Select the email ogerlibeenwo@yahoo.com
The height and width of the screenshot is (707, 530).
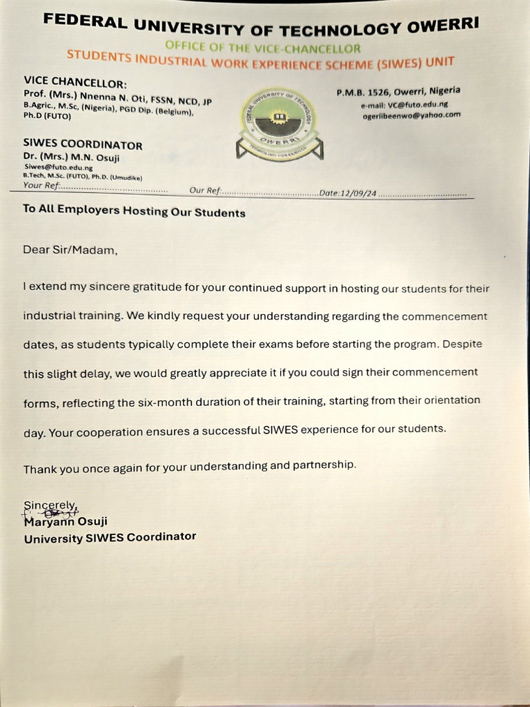pyautogui.click(x=411, y=115)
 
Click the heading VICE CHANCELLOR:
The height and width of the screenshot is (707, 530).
pyautogui.click(x=75, y=81)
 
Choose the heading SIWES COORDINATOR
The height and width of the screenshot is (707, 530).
pyautogui.click(x=83, y=145)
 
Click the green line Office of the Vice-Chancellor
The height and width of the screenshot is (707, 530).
pyautogui.click(x=262, y=48)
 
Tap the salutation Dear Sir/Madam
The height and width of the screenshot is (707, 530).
pyautogui.click(x=70, y=250)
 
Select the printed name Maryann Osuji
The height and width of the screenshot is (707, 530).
pyautogui.click(x=66, y=522)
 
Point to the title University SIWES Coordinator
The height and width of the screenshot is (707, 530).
pyautogui.click(x=110, y=537)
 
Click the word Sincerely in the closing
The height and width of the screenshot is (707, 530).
pyautogui.click(x=50, y=505)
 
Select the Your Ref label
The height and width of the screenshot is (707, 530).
pyautogui.click(x=41, y=185)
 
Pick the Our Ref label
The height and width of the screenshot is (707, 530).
pyautogui.click(x=204, y=190)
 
